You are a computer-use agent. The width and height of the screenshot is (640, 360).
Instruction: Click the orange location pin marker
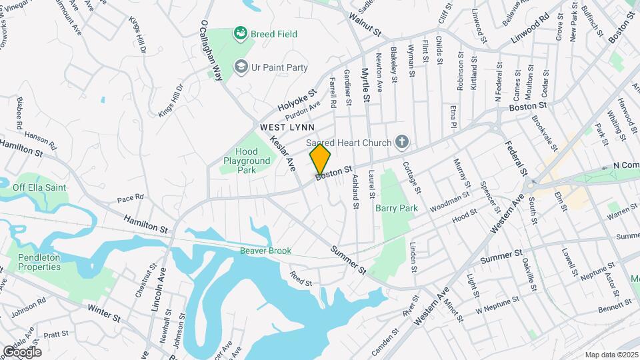(x=321, y=160)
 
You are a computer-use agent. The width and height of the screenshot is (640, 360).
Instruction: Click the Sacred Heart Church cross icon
(x=401, y=141)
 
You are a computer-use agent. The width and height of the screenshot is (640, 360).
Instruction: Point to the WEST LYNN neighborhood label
(x=287, y=127)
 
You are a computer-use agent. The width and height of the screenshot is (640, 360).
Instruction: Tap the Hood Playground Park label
(x=247, y=161)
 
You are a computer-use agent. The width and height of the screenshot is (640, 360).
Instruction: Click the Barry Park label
(x=396, y=208)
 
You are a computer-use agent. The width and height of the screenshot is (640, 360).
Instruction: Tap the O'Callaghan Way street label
(x=210, y=51)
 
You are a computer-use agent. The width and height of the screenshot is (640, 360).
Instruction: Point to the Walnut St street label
(x=367, y=28)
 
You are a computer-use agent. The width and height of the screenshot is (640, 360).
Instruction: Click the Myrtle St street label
(x=365, y=85)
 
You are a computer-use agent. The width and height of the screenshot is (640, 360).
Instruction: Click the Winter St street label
(x=103, y=313)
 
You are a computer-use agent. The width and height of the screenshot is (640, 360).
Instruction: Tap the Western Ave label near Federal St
(x=505, y=214)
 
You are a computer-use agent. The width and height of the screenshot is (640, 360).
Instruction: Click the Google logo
(x=22, y=351)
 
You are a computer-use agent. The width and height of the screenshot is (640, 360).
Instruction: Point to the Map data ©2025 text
(x=611, y=355)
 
